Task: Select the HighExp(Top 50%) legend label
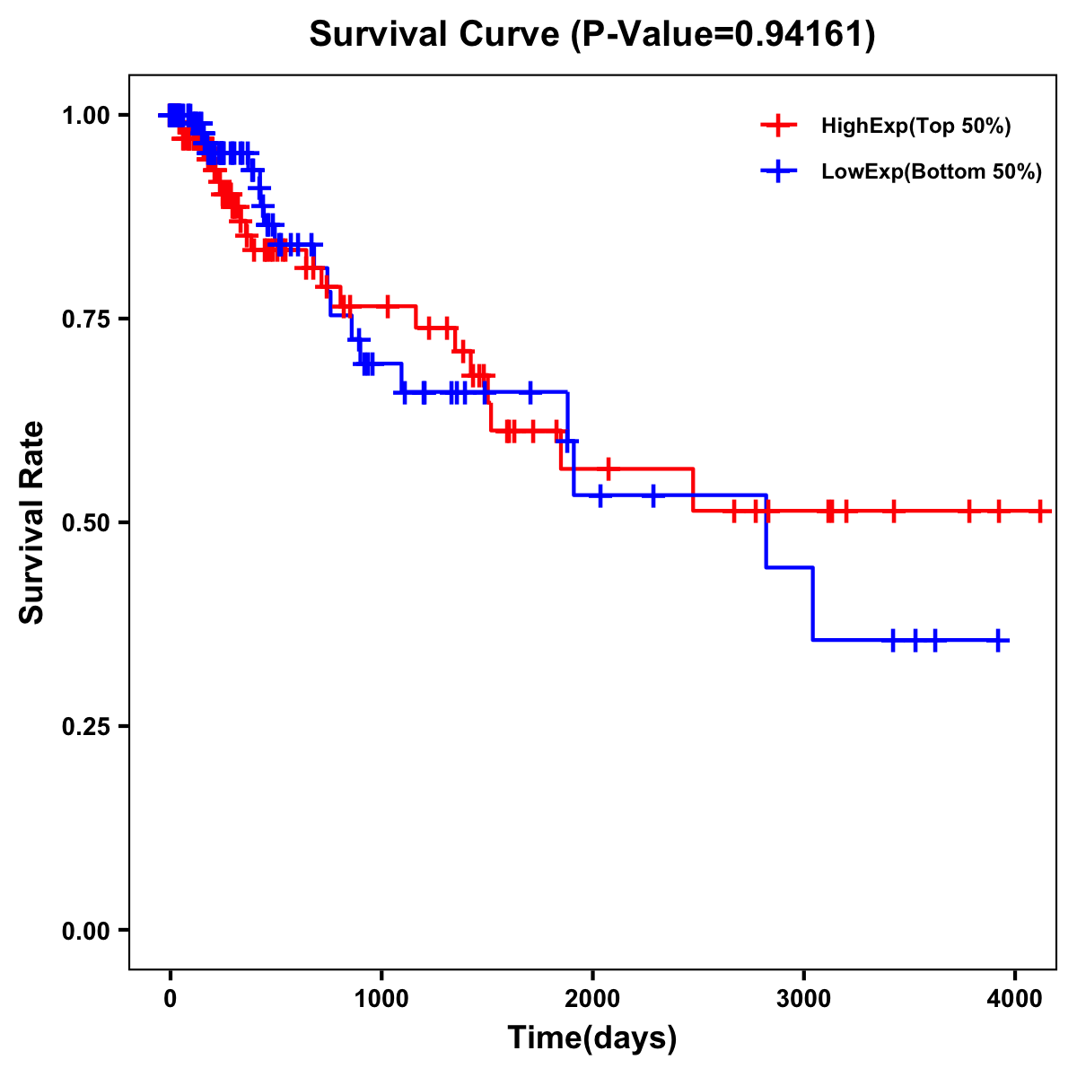[x=915, y=127]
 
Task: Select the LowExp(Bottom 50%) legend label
[x=931, y=172]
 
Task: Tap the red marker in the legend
[x=779, y=127]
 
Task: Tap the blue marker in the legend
[x=779, y=171]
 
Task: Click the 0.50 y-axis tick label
[x=87, y=522]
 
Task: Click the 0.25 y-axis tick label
[x=87, y=726]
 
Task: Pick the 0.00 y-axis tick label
[x=87, y=930]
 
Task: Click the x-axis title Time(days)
[x=592, y=1038]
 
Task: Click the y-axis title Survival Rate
[x=32, y=522]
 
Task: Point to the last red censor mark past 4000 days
[x=1039, y=512]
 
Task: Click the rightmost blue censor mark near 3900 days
[x=997, y=640]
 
